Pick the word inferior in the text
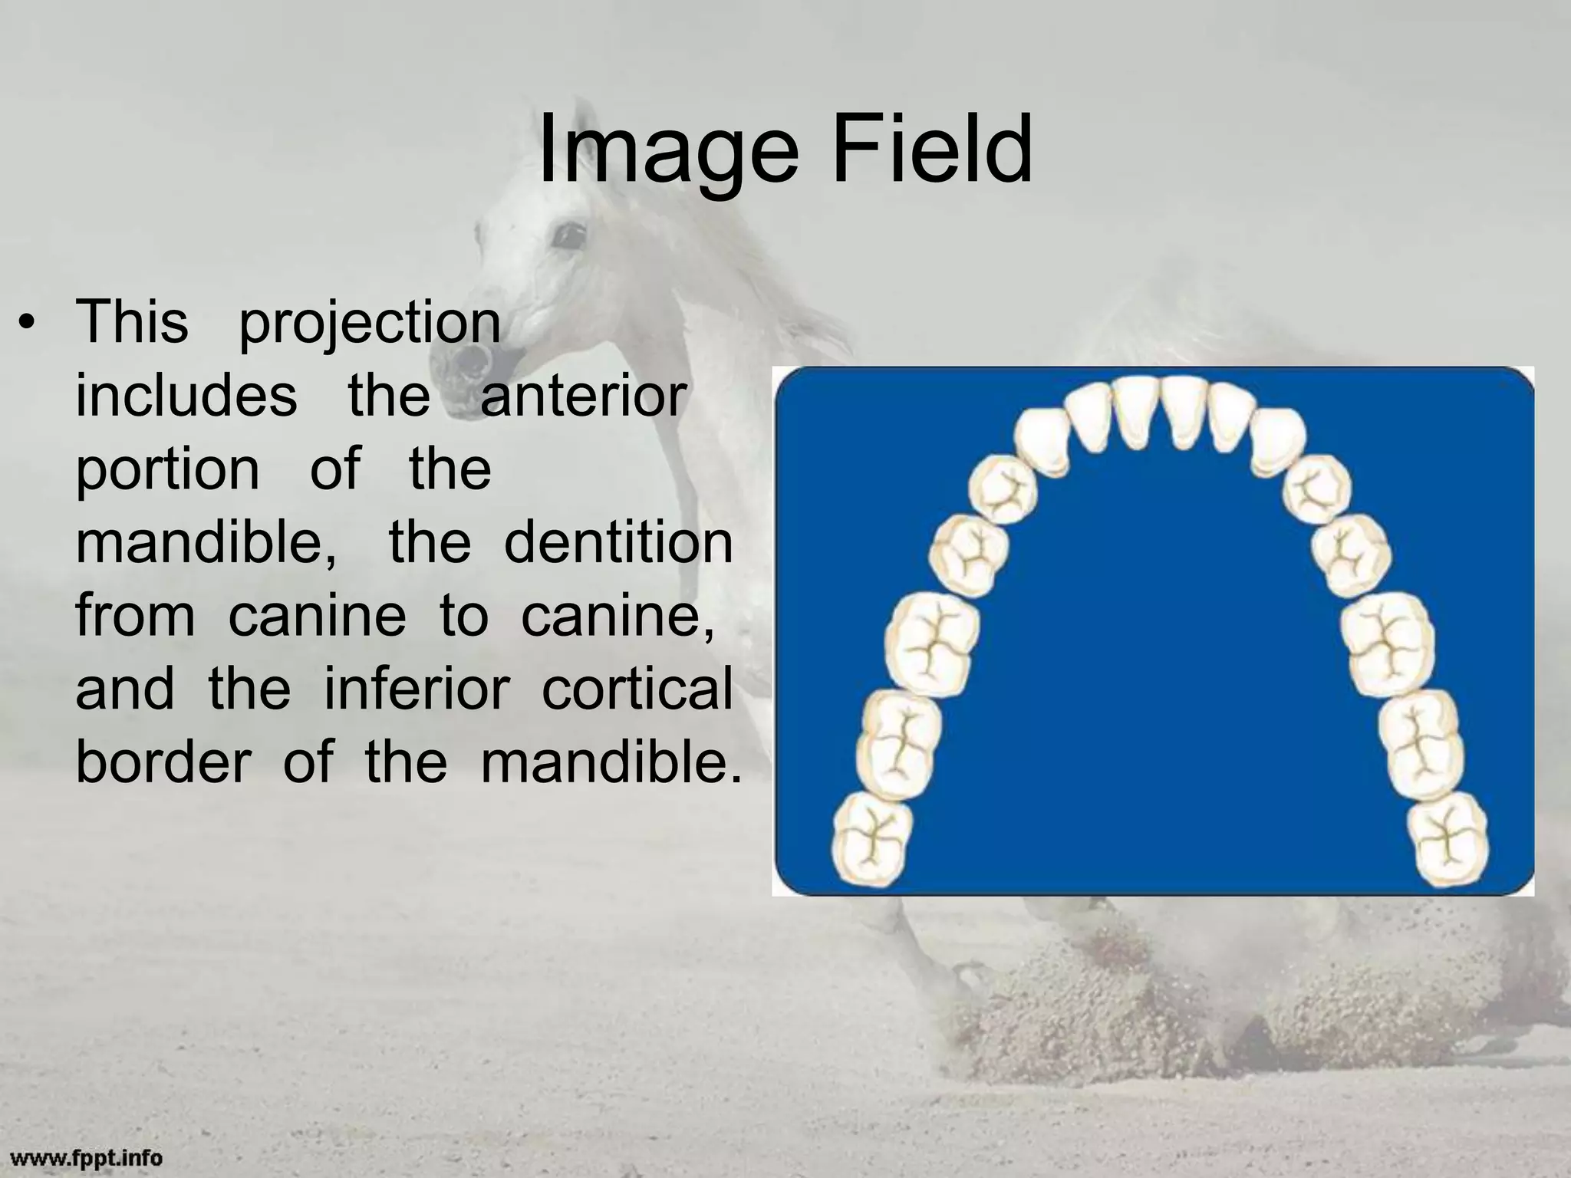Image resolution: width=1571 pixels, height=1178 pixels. [x=417, y=689]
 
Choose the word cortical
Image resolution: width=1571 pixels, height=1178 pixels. [x=637, y=689]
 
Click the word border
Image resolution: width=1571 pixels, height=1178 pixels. [x=163, y=762]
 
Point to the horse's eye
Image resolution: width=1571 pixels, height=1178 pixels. [x=568, y=235]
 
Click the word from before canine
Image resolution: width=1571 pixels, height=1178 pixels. [x=135, y=616]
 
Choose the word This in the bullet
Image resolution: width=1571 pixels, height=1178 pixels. [x=132, y=323]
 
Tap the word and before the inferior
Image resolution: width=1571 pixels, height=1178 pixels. [x=124, y=689]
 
